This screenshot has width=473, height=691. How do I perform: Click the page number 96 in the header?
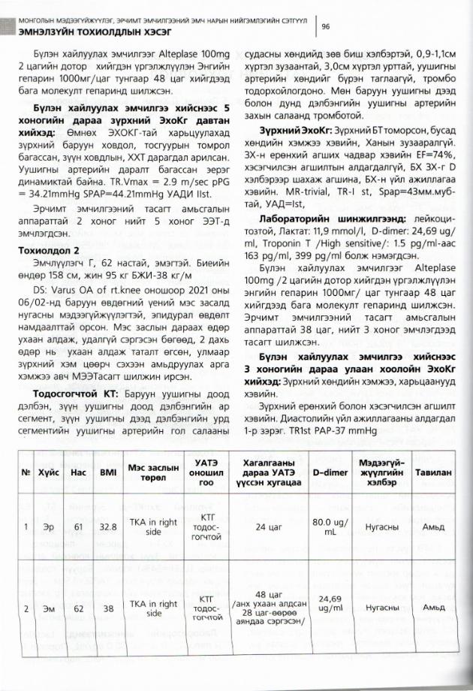(326, 26)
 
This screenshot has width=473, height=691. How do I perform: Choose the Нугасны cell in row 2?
(381, 608)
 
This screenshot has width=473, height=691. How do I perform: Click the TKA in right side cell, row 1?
(153, 526)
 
